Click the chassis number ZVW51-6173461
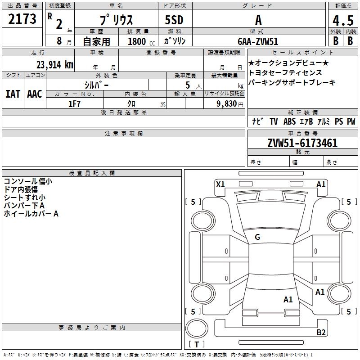pyautogui.click(x=302, y=144)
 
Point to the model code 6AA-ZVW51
pyautogui.click(x=258, y=41)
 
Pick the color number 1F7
pyautogui.click(x=74, y=104)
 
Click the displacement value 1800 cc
pyautogui.click(x=138, y=41)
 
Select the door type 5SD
pyautogui.click(x=174, y=20)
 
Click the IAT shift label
pyautogui.click(x=13, y=94)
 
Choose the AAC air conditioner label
pyautogui.click(x=34, y=94)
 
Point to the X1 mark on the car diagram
pyautogui.click(x=220, y=184)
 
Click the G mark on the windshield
pyautogui.click(x=257, y=237)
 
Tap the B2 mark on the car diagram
pyautogui.click(x=321, y=332)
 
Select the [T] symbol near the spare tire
pyautogui.click(x=197, y=344)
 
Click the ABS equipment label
pyautogui.click(x=289, y=121)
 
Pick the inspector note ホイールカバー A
pyautogui.click(x=31, y=214)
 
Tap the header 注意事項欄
pyautogui.click(x=123, y=134)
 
